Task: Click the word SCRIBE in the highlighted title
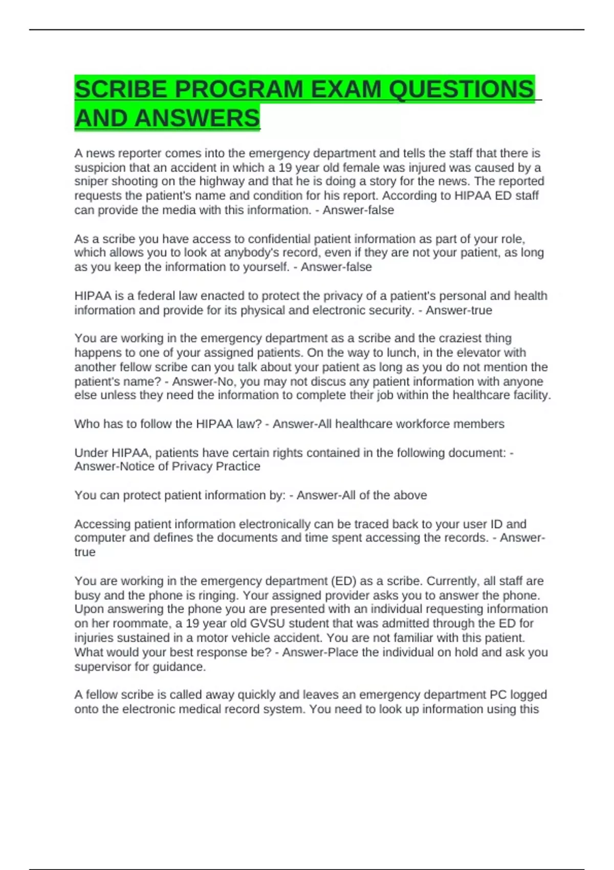[x=121, y=90]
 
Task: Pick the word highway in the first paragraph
[x=221, y=182]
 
